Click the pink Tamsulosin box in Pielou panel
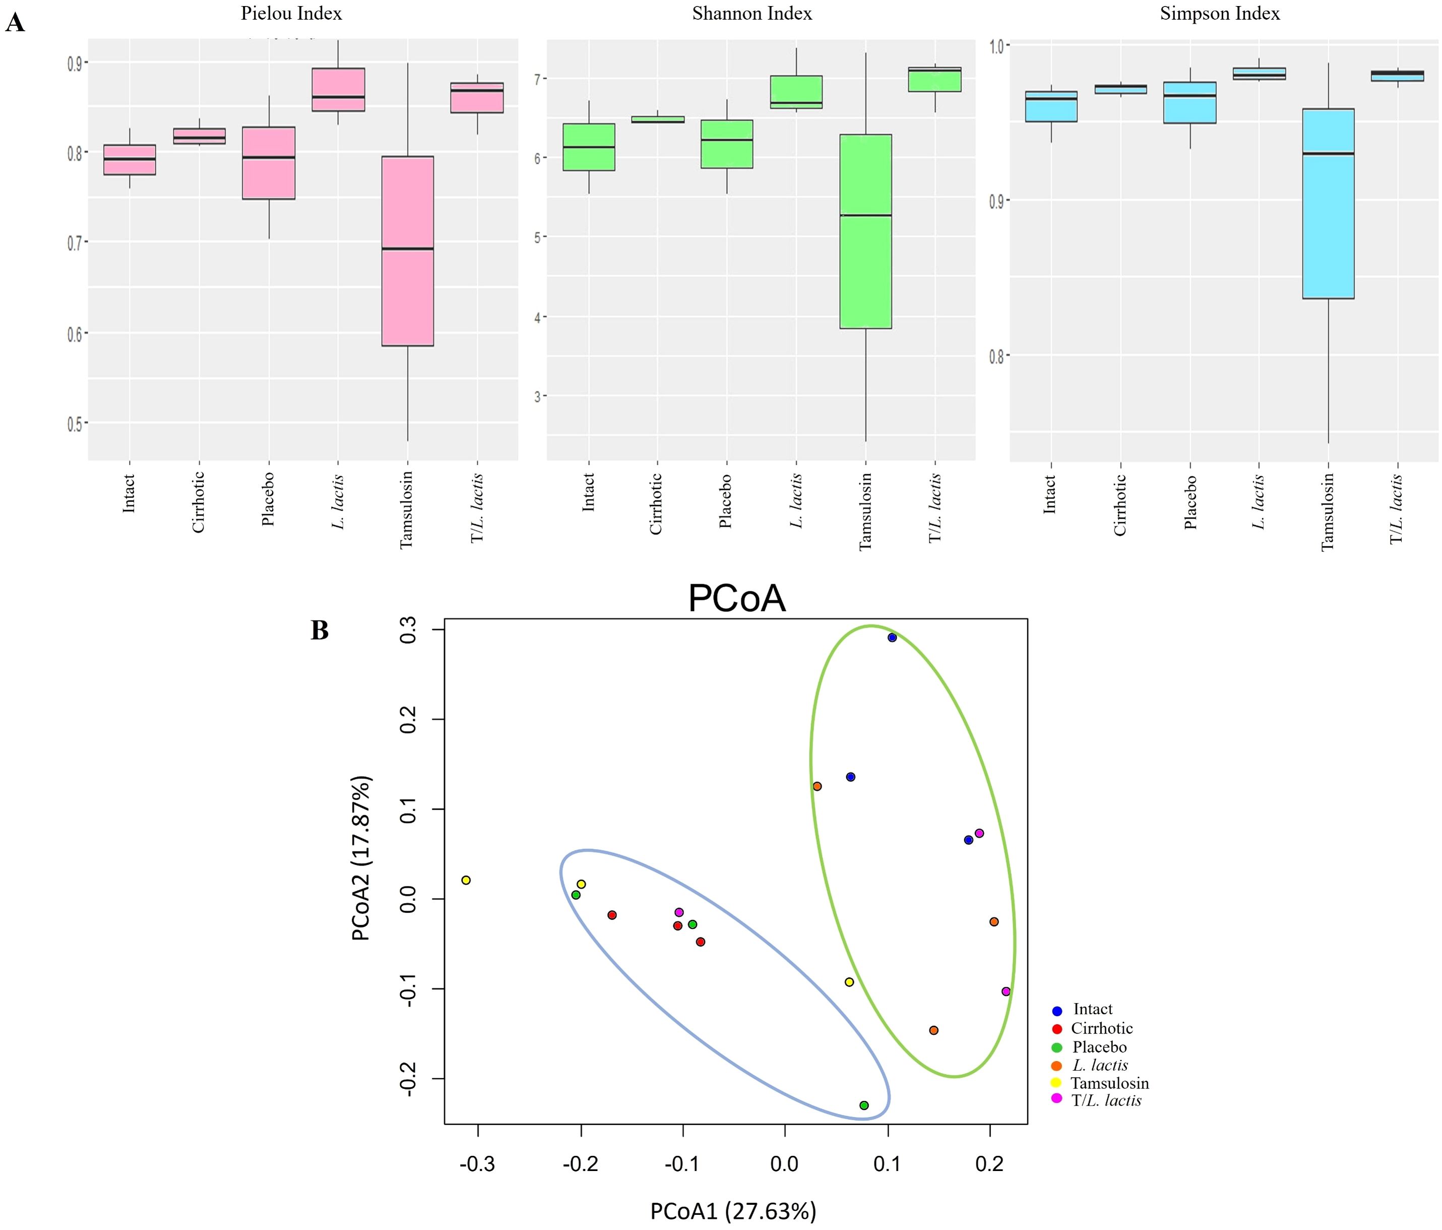[x=408, y=251]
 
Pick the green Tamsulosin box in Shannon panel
[x=866, y=231]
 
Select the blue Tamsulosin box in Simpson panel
[x=1328, y=203]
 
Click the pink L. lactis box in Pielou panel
[x=338, y=89]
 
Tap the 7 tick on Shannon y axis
[x=537, y=79]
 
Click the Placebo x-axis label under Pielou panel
[x=269, y=499]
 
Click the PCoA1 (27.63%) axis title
[x=733, y=1211]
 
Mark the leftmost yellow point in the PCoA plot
[x=466, y=880]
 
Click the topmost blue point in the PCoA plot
[x=892, y=638]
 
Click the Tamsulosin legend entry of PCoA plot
[x=1109, y=1083]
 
